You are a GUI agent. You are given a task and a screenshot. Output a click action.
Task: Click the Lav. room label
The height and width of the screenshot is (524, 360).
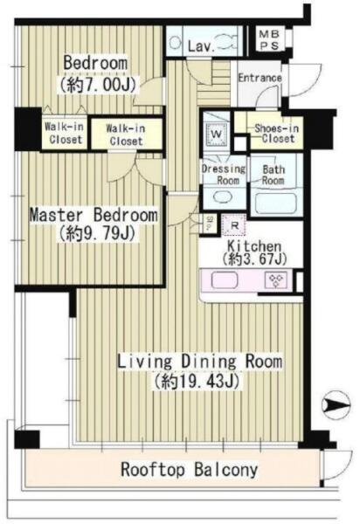point(201,46)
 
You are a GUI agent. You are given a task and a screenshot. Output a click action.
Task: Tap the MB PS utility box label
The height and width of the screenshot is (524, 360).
point(269,40)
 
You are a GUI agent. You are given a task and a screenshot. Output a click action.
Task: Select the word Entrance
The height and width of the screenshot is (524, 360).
point(260,78)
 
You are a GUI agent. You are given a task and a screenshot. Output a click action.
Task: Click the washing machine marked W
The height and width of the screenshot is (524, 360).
point(217,134)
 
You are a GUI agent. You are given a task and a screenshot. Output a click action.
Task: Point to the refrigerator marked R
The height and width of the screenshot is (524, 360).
point(234,225)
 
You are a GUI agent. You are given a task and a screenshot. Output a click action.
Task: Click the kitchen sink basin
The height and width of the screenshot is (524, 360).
point(225,279)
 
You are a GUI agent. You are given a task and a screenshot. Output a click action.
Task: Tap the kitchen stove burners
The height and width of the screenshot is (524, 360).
point(275,280)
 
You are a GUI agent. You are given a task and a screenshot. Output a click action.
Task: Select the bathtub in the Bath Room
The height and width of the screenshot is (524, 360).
point(276,203)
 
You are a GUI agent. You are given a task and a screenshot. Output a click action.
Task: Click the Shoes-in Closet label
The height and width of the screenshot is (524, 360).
point(277,134)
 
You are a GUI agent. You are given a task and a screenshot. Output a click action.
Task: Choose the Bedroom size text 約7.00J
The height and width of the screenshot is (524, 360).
point(98,85)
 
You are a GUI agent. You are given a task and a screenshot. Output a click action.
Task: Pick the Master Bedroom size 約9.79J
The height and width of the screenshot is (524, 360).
point(97,233)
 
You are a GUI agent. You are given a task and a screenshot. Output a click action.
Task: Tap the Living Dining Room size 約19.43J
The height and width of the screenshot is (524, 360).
point(197,381)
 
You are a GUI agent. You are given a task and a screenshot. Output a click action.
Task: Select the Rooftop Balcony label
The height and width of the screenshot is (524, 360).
point(190,469)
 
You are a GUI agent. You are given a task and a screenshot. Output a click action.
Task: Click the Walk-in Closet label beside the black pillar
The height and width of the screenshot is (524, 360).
point(64,133)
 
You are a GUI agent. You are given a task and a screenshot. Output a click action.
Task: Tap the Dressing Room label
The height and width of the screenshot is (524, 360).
point(224,175)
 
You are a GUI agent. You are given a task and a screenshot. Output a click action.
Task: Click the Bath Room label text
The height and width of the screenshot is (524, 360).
point(273,175)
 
